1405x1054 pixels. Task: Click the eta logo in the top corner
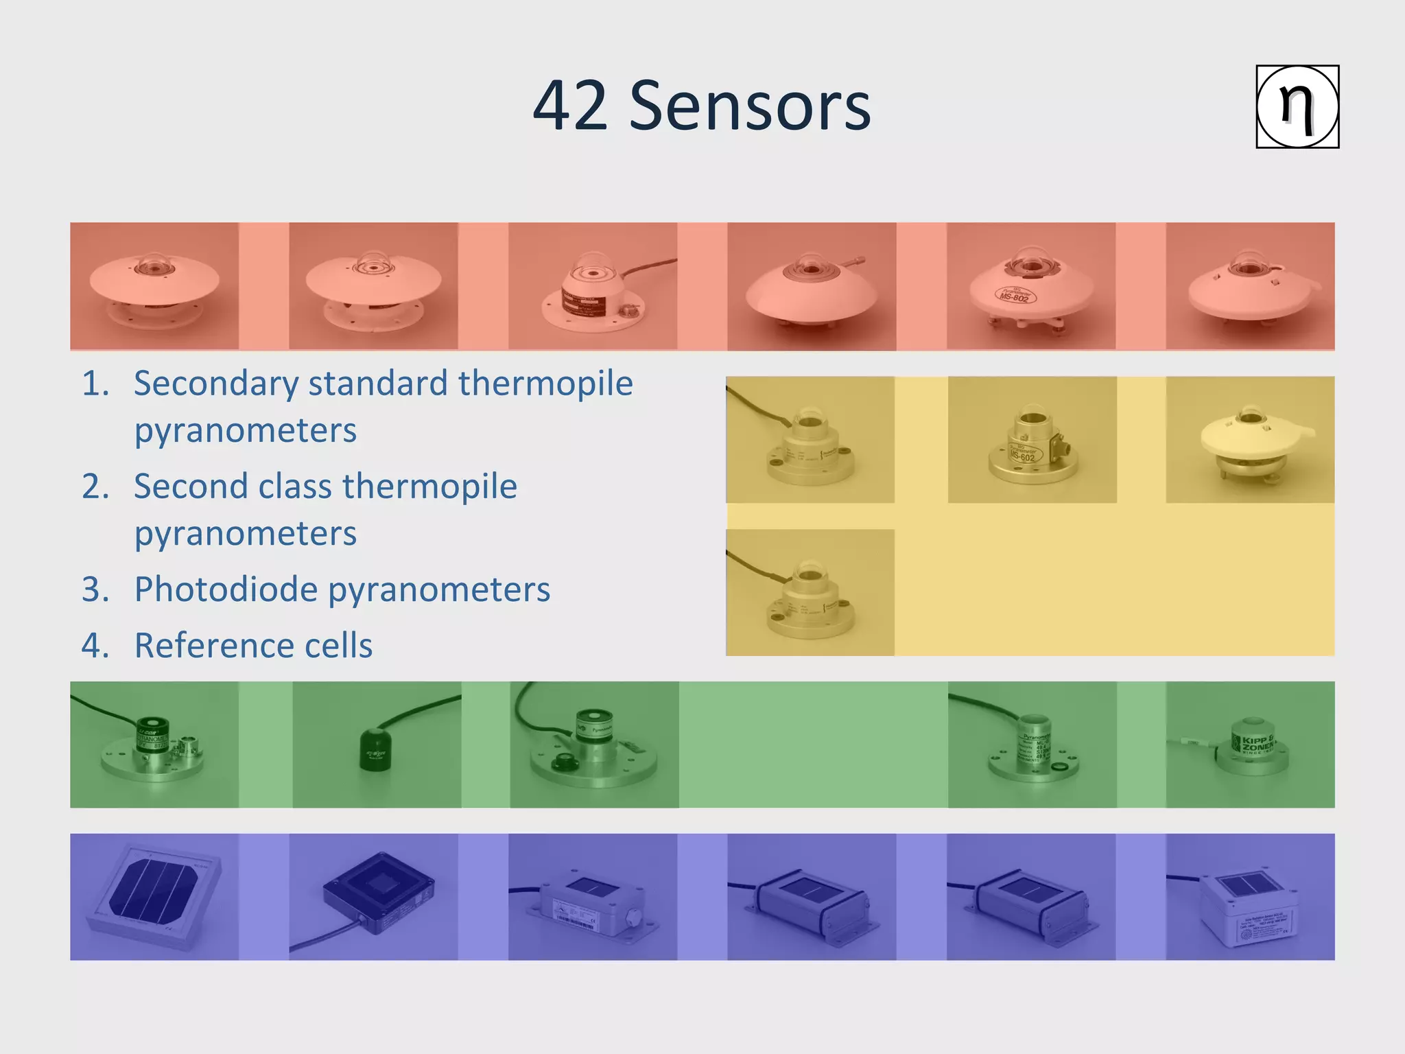coord(1297,107)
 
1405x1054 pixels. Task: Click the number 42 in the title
coord(571,106)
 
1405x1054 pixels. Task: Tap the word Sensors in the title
coord(750,106)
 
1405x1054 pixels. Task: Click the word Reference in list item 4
coord(205,646)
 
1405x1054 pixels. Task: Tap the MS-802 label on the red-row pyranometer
coord(1015,296)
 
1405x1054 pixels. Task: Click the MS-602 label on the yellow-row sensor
coord(1022,456)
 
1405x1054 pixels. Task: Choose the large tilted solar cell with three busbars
coord(154,892)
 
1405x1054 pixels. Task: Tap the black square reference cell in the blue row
coord(379,891)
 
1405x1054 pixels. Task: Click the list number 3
coord(95,589)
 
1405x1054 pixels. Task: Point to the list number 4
coord(95,646)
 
